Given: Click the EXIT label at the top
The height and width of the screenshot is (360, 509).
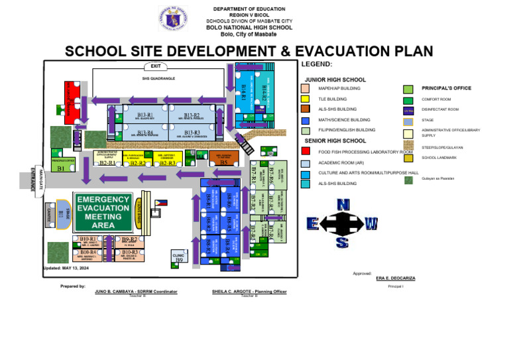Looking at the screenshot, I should [x=156, y=66].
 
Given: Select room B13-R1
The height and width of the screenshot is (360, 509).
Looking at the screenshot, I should [x=146, y=116].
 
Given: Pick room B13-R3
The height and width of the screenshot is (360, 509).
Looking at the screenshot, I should [x=192, y=133].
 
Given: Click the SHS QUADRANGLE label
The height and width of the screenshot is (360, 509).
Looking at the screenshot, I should [x=158, y=78].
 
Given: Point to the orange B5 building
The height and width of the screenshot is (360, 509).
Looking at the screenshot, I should [x=223, y=160].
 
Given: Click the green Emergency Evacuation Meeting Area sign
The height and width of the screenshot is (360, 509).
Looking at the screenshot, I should [x=103, y=211].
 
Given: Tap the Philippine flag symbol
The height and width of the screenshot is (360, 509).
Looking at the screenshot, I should [x=161, y=203].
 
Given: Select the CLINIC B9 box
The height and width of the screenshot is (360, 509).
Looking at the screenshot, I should [x=178, y=257].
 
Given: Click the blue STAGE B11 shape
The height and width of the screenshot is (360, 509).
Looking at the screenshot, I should [x=61, y=213].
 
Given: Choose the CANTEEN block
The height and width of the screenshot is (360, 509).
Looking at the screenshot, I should [x=49, y=214].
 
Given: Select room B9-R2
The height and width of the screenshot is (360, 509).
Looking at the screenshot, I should [x=129, y=240].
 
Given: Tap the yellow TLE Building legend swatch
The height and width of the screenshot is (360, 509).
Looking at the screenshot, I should [x=305, y=99].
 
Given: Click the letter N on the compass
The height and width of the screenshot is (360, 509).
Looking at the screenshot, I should [x=343, y=206].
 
